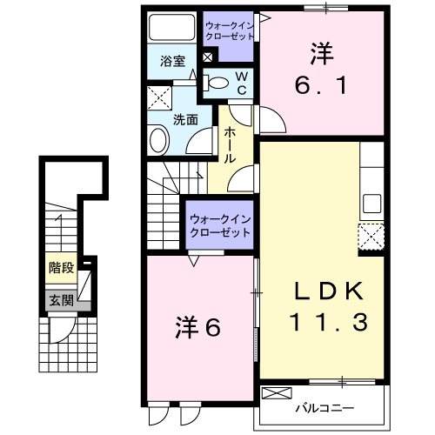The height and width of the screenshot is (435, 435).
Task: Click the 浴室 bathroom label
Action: (x=173, y=61)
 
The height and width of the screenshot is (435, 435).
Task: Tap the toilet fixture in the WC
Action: (x=216, y=83)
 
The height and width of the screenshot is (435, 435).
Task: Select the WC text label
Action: (x=242, y=84)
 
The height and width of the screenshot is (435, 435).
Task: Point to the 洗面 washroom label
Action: (x=185, y=119)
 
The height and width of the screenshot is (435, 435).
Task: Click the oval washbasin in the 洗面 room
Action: (x=158, y=141)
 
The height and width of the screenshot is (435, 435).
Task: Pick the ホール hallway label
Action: (x=230, y=144)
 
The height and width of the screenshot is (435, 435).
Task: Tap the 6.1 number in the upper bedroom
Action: (x=321, y=85)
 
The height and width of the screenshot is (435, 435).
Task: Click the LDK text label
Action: (x=329, y=291)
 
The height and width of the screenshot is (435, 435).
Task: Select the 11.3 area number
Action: (x=329, y=322)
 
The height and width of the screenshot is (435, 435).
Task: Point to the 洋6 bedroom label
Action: (x=198, y=327)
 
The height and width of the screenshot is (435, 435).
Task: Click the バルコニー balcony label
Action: (x=325, y=408)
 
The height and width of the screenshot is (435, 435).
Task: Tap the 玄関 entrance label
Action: (x=62, y=300)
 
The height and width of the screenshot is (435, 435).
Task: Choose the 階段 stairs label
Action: (x=62, y=267)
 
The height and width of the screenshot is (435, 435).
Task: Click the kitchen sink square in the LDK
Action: (x=372, y=204)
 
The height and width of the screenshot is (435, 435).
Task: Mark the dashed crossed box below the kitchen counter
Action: (x=371, y=237)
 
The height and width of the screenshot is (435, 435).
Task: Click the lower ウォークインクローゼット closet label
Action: (x=219, y=226)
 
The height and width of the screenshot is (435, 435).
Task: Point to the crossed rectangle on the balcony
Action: (x=277, y=393)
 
